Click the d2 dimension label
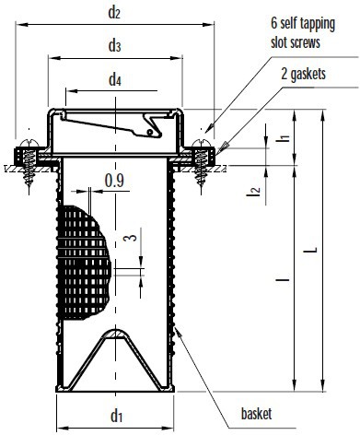point(114,13)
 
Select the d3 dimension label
point(114,46)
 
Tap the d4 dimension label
point(115,80)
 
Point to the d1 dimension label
point(116,416)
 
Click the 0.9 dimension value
point(114,181)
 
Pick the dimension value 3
point(131,238)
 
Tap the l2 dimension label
point(254,192)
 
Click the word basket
point(257,414)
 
